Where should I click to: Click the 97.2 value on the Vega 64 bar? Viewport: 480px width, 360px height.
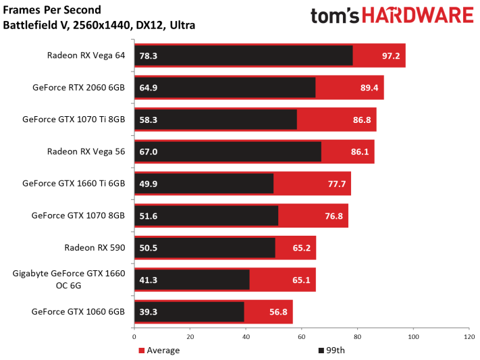coord(392,55)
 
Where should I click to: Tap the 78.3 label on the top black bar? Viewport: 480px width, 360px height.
coord(149,55)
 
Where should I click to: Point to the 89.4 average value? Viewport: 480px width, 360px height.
coord(370,87)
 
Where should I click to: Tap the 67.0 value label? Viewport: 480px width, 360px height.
coord(149,151)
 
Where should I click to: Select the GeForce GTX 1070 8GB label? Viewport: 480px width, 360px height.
coord(78,215)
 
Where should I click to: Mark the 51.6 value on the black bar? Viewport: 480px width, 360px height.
coord(149,215)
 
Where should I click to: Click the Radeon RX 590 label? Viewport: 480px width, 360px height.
coord(95,247)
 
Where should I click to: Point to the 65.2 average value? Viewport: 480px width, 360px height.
coord(302,247)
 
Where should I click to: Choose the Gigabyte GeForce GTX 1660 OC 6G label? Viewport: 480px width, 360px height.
coord(70,279)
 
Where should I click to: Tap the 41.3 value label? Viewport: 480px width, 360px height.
coord(149,279)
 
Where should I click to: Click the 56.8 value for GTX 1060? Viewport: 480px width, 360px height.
coord(279,311)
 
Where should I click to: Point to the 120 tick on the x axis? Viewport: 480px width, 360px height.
coord(468,337)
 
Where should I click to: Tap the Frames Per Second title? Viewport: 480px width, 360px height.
coord(52,11)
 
